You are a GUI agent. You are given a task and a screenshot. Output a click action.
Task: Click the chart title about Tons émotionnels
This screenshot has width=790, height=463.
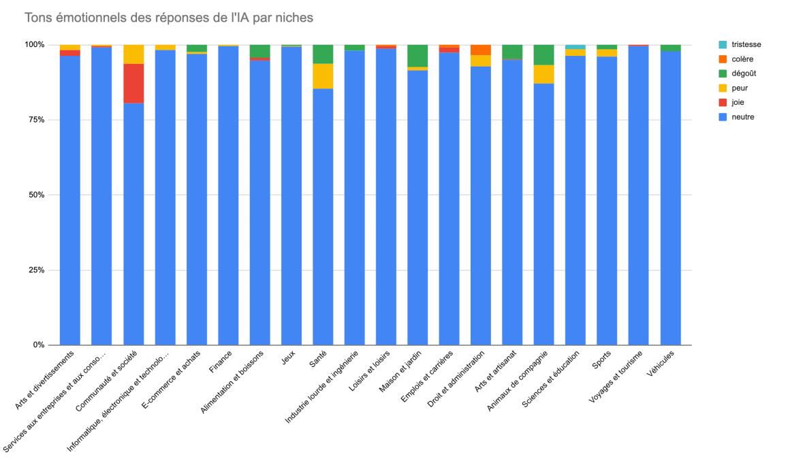[169, 18]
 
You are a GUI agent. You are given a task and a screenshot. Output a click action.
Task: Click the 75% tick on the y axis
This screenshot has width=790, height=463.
[35, 120]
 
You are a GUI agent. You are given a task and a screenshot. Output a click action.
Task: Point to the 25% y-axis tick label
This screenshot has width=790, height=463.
[35, 270]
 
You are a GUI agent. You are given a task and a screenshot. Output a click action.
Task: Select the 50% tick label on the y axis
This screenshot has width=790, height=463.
[35, 195]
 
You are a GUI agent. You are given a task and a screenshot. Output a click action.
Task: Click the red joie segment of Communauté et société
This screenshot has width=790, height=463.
[133, 83]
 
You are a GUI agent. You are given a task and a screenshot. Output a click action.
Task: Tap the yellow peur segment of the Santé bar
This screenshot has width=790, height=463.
[323, 76]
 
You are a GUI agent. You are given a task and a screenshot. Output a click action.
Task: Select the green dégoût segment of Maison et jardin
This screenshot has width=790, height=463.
[417, 56]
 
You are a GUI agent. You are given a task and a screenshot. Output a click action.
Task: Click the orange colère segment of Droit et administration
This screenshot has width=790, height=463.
[481, 50]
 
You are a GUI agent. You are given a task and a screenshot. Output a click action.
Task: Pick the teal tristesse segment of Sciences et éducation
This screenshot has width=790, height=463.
[575, 47]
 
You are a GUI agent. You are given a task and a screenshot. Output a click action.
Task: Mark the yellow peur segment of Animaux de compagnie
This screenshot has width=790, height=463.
[543, 74]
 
